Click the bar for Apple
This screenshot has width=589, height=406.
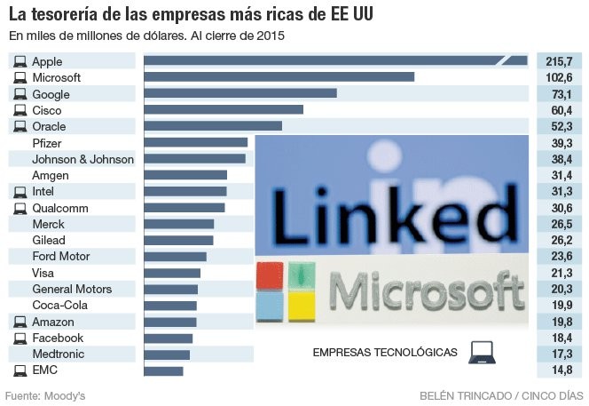point(335,61)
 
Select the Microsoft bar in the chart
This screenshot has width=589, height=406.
point(279,77)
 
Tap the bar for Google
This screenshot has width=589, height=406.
point(240,93)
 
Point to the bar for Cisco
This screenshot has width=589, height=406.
point(223,110)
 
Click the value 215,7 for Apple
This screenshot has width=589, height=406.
point(560,61)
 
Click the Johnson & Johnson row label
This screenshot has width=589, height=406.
point(82,159)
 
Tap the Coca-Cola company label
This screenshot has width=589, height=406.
point(59,306)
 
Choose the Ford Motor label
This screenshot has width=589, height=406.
point(61,257)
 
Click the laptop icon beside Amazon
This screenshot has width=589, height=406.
point(20,322)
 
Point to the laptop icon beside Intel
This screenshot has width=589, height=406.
point(20,192)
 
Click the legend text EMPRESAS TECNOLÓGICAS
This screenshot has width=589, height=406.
point(385,353)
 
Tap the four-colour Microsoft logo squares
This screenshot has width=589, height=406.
point(287,291)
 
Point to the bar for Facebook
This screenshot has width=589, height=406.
point(168,338)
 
